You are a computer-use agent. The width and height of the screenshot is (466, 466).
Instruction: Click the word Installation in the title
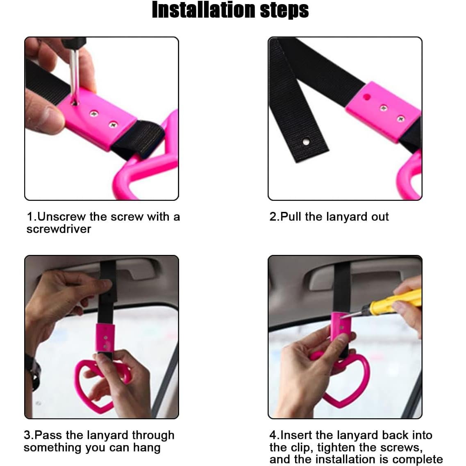pyautogui.click(x=204, y=10)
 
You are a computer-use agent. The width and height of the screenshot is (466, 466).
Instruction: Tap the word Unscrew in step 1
pyautogui.click(x=61, y=217)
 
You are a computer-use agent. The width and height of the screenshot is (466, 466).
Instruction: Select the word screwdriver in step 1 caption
pyautogui.click(x=59, y=229)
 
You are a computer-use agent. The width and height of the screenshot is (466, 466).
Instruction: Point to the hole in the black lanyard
pyautogui.click(x=306, y=142)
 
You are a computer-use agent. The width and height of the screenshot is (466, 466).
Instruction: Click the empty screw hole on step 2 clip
pyautogui.click(x=367, y=97)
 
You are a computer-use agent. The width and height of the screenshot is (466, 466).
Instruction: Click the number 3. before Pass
pyautogui.click(x=29, y=435)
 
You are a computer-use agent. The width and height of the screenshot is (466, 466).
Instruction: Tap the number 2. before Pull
pyautogui.click(x=275, y=217)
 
